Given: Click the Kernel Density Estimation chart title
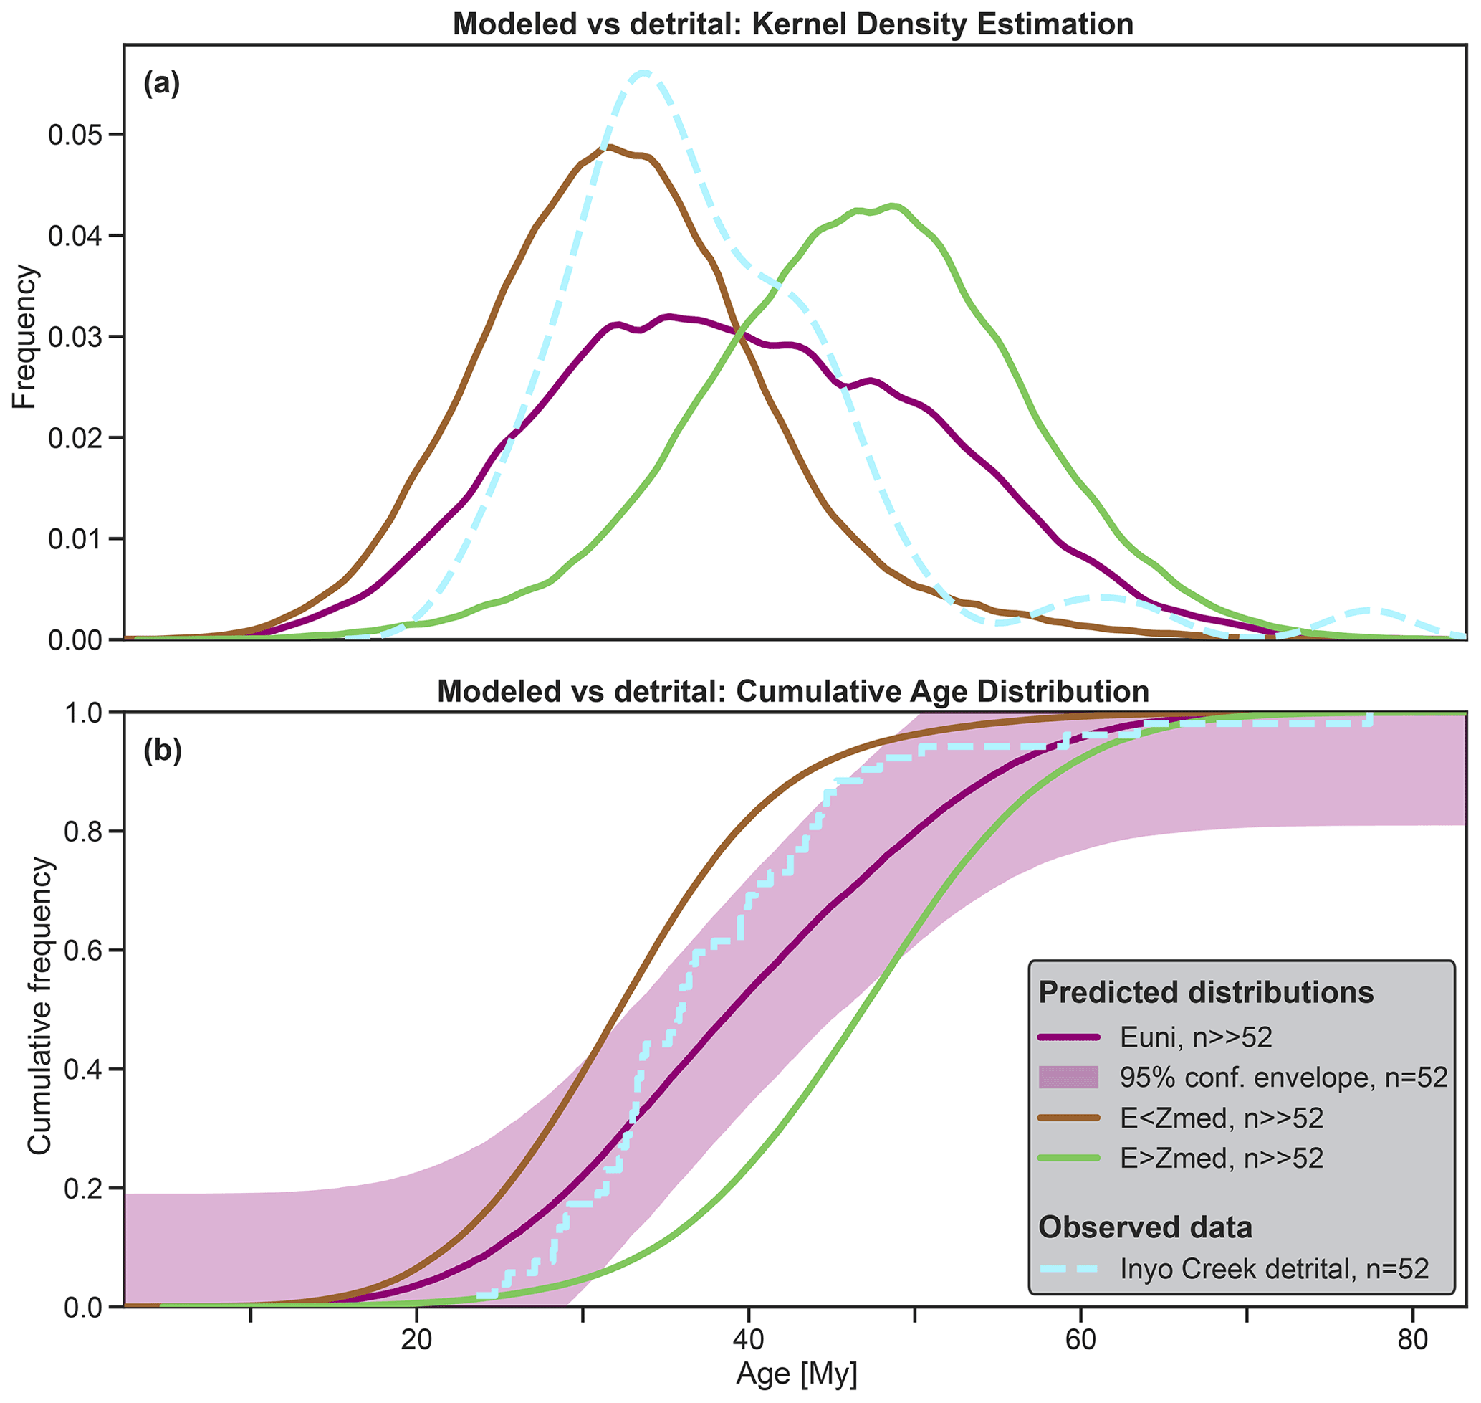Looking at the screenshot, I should pyautogui.click(x=793, y=24).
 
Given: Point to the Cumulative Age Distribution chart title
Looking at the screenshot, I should pyautogui.click(x=793, y=692).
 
